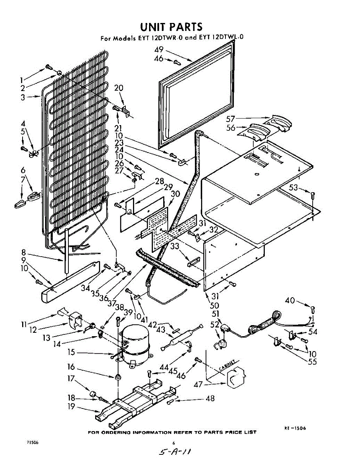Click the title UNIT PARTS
tap(171, 26)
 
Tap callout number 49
tap(159, 49)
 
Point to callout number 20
tap(118, 88)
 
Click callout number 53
tap(294, 187)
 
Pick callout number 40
tap(290, 301)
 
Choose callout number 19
tap(71, 407)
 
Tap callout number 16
tap(71, 367)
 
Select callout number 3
tap(23, 97)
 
